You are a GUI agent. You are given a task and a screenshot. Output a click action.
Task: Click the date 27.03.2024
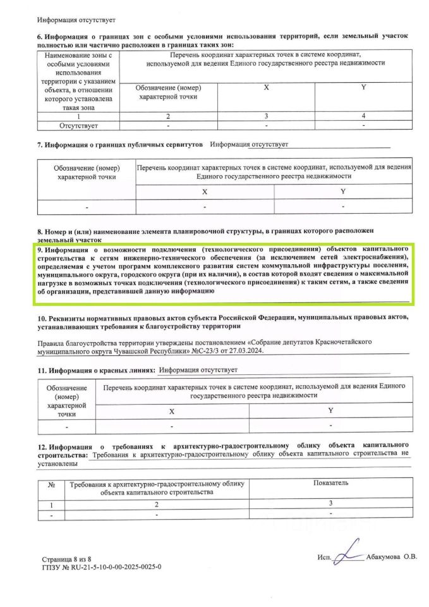[245, 350]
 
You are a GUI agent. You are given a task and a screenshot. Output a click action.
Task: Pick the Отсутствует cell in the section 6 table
[78, 126]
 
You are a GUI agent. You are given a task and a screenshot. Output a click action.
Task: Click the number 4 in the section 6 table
[363, 116]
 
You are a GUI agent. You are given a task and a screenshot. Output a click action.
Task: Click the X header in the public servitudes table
[204, 191]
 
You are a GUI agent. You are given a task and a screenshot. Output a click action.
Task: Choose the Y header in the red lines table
[330, 410]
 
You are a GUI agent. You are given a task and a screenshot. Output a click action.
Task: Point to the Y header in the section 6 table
[363, 87]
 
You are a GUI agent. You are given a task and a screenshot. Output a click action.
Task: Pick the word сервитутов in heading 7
[179, 145]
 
